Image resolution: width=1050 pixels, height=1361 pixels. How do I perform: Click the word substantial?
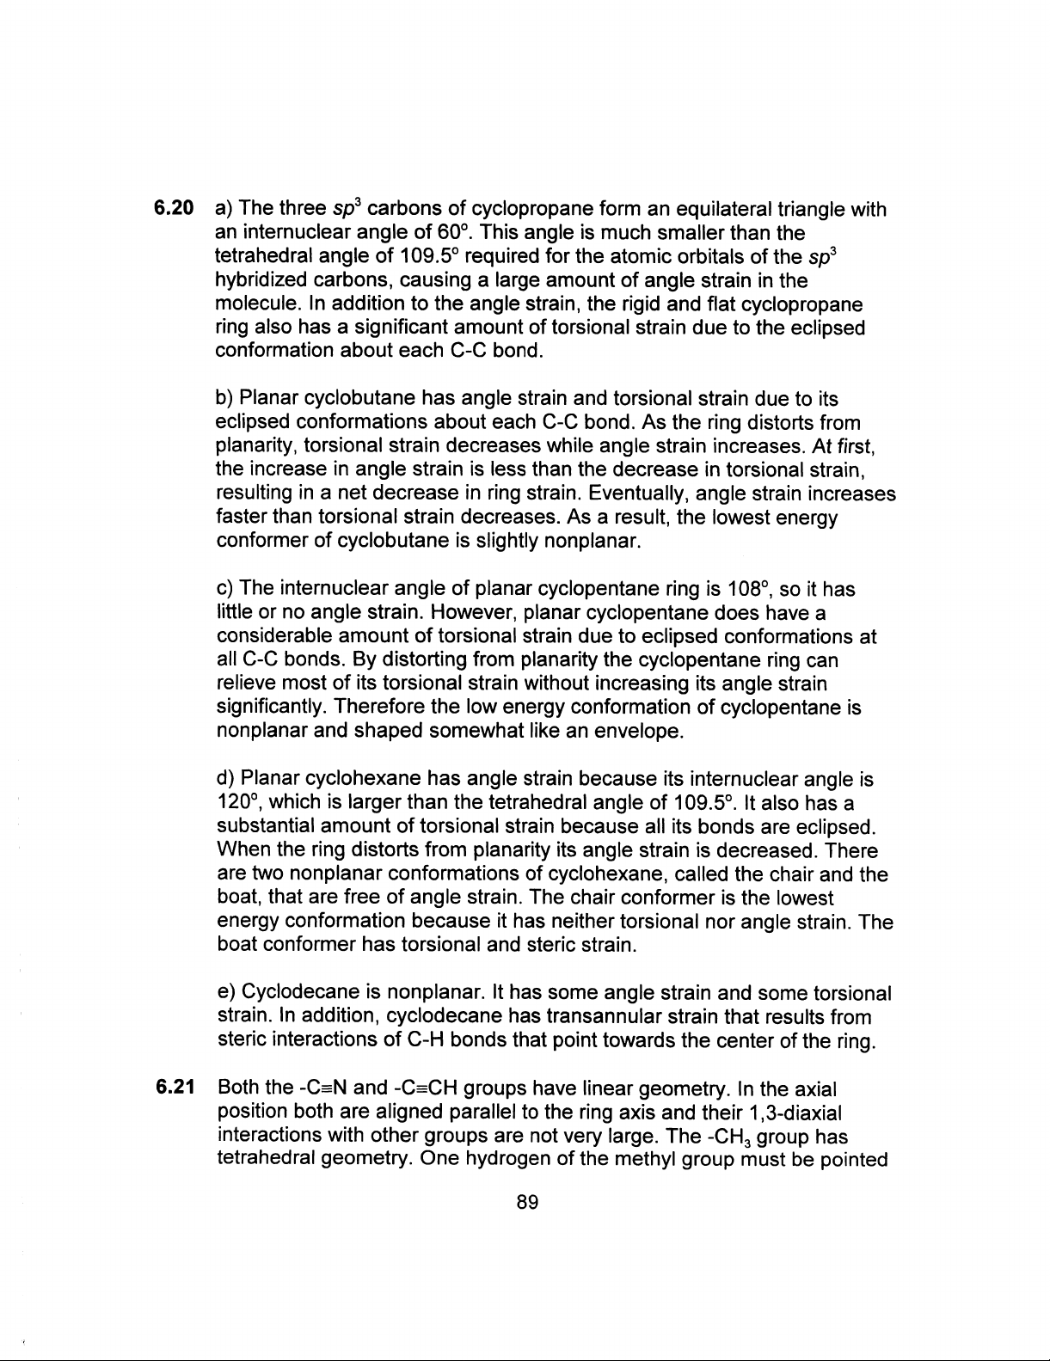pyautogui.click(x=265, y=827)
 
